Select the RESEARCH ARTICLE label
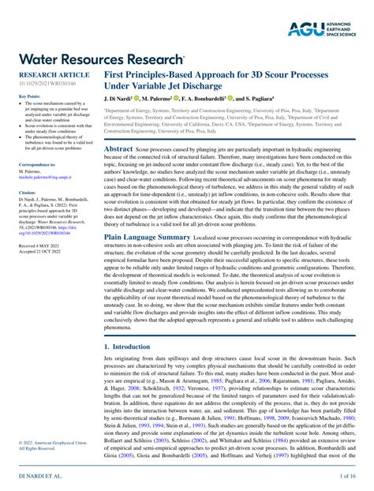coord(49,73)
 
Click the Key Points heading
coord(28,96)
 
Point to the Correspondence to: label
coord(37,163)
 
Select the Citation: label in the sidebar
coord(27,192)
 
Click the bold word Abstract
coord(118,148)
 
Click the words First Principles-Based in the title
coord(158,73)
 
